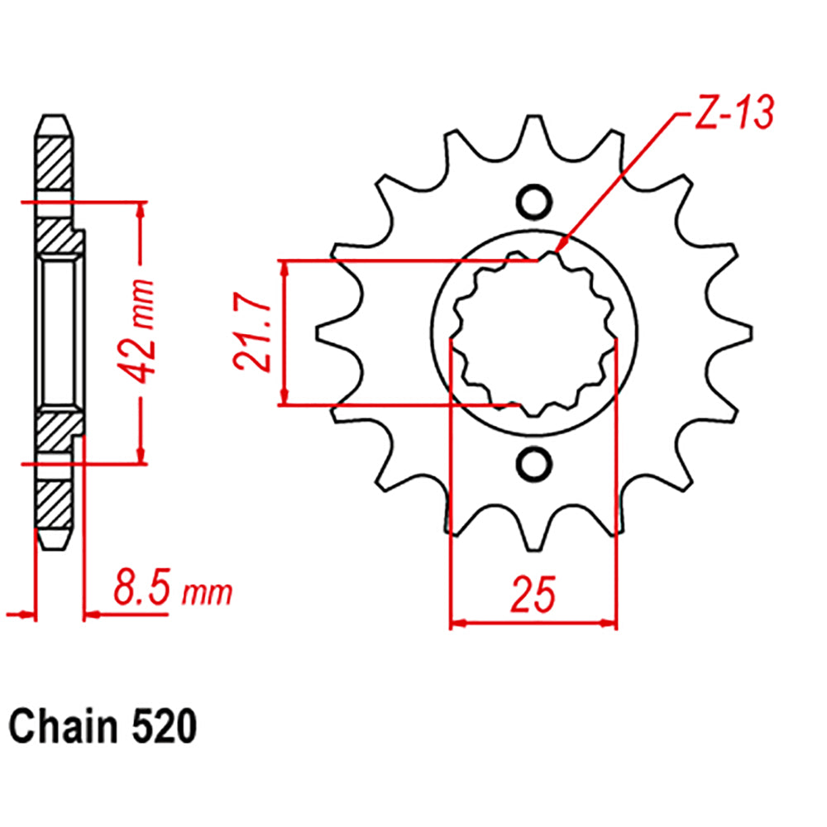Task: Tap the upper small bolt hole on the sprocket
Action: click(x=533, y=202)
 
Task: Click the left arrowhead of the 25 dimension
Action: click(x=454, y=623)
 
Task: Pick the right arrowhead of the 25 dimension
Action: click(x=612, y=623)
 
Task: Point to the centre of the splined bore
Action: click(x=533, y=332)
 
